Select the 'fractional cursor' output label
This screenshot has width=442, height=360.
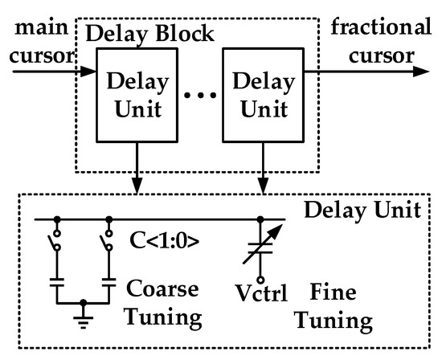377,44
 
